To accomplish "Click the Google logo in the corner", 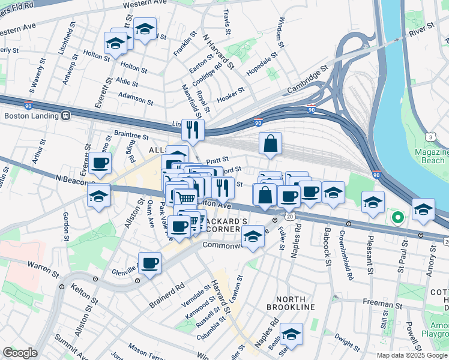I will pyautogui.click(x=20, y=353).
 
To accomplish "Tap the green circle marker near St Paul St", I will pyautogui.click(x=396, y=218).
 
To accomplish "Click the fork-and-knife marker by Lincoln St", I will pyautogui.click(x=193, y=130).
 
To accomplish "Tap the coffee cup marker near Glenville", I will pyautogui.click(x=149, y=262).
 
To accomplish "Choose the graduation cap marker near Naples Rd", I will pyautogui.click(x=292, y=334).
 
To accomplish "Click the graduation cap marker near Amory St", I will pyautogui.click(x=423, y=209).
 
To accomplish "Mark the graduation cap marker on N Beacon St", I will pyautogui.click(x=98, y=196).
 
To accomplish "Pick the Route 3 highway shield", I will pyautogui.click(x=431, y=137).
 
